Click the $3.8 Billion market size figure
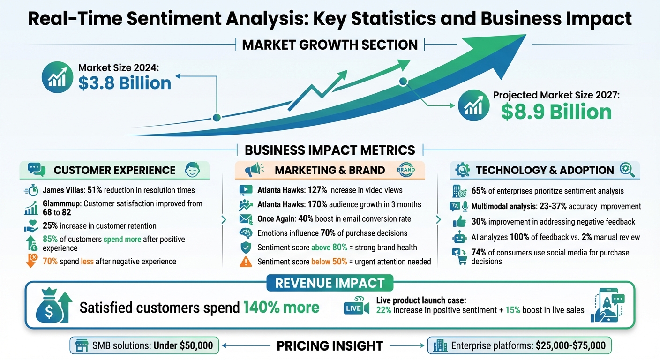point(125,83)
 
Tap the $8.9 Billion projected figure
point(556,112)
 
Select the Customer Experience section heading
point(114,170)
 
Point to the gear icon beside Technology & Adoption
point(463,170)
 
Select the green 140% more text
point(281,307)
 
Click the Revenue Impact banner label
point(330,283)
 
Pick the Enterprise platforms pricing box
point(519,346)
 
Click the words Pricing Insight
point(330,346)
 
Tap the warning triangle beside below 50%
point(245,262)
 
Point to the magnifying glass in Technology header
point(627,170)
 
